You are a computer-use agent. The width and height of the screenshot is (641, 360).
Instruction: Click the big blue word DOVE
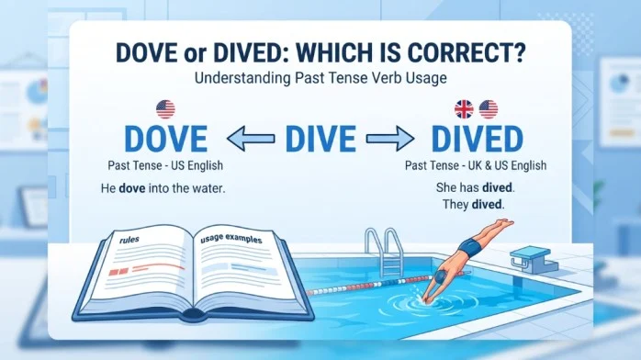tap(165, 139)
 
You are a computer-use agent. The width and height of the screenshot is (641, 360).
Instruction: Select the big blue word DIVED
tap(477, 139)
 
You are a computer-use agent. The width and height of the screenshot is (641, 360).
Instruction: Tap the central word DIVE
tap(320, 139)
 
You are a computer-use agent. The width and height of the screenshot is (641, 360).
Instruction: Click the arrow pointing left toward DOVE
tap(251, 139)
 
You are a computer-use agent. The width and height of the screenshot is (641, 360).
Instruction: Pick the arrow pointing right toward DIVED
tap(390, 139)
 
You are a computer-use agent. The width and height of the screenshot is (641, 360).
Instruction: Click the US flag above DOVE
tap(165, 109)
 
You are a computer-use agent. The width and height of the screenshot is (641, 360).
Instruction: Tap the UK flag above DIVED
tap(464, 109)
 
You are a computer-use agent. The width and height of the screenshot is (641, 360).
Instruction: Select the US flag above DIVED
tap(489, 109)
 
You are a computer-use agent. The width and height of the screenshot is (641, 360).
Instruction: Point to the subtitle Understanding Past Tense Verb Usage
tap(320, 78)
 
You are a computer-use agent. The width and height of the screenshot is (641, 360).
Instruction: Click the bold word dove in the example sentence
tap(132, 188)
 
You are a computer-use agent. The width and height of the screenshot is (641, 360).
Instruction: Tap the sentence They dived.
tap(473, 204)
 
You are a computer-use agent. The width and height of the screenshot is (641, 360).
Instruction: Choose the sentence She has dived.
tap(476, 187)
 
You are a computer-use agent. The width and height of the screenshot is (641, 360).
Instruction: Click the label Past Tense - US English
tap(165, 165)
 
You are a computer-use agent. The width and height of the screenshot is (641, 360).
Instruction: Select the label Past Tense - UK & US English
tap(476, 165)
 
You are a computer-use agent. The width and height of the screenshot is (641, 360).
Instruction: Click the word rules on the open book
tap(129, 240)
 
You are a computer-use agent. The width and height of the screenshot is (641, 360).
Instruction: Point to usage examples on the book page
tap(231, 239)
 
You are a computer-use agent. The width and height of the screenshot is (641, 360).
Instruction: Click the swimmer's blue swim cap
tap(440, 276)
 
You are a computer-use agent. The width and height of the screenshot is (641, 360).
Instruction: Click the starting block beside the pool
tap(534, 260)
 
